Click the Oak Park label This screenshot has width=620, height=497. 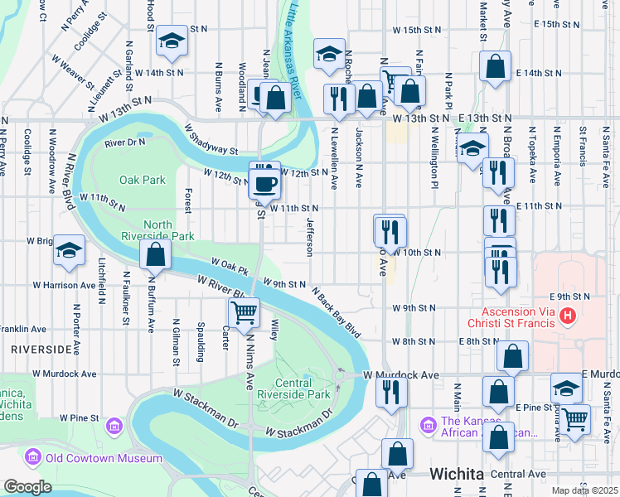click(x=142, y=180)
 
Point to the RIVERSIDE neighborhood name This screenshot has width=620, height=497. click(x=41, y=350)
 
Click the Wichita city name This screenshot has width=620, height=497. click(x=456, y=475)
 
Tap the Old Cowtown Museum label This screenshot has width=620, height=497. click(x=94, y=458)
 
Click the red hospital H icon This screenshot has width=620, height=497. click(x=568, y=315)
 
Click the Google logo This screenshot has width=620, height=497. click(x=27, y=487)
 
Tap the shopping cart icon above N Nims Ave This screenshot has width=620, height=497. click(x=245, y=313)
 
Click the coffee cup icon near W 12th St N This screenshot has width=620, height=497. click(x=265, y=183)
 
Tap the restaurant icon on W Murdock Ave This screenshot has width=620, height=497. click(x=391, y=390)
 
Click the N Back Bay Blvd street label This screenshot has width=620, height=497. click(x=337, y=312)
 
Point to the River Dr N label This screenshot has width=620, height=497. click(x=124, y=142)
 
